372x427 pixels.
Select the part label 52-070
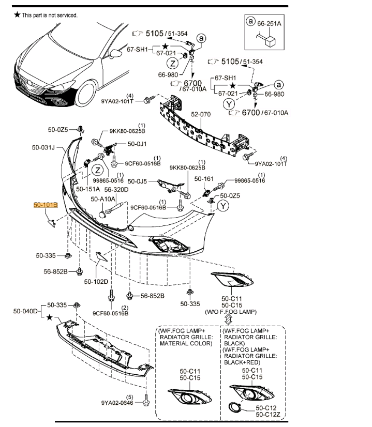[202, 114]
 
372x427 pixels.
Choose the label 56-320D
[117, 190]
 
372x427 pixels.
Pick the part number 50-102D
[96, 282]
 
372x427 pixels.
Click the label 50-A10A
[103, 199]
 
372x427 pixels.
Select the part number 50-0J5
[137, 181]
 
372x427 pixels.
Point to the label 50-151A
[88, 190]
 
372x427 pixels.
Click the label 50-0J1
[138, 144]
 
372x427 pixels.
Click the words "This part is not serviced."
[50, 16]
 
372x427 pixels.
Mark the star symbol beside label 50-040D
[50, 316]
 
